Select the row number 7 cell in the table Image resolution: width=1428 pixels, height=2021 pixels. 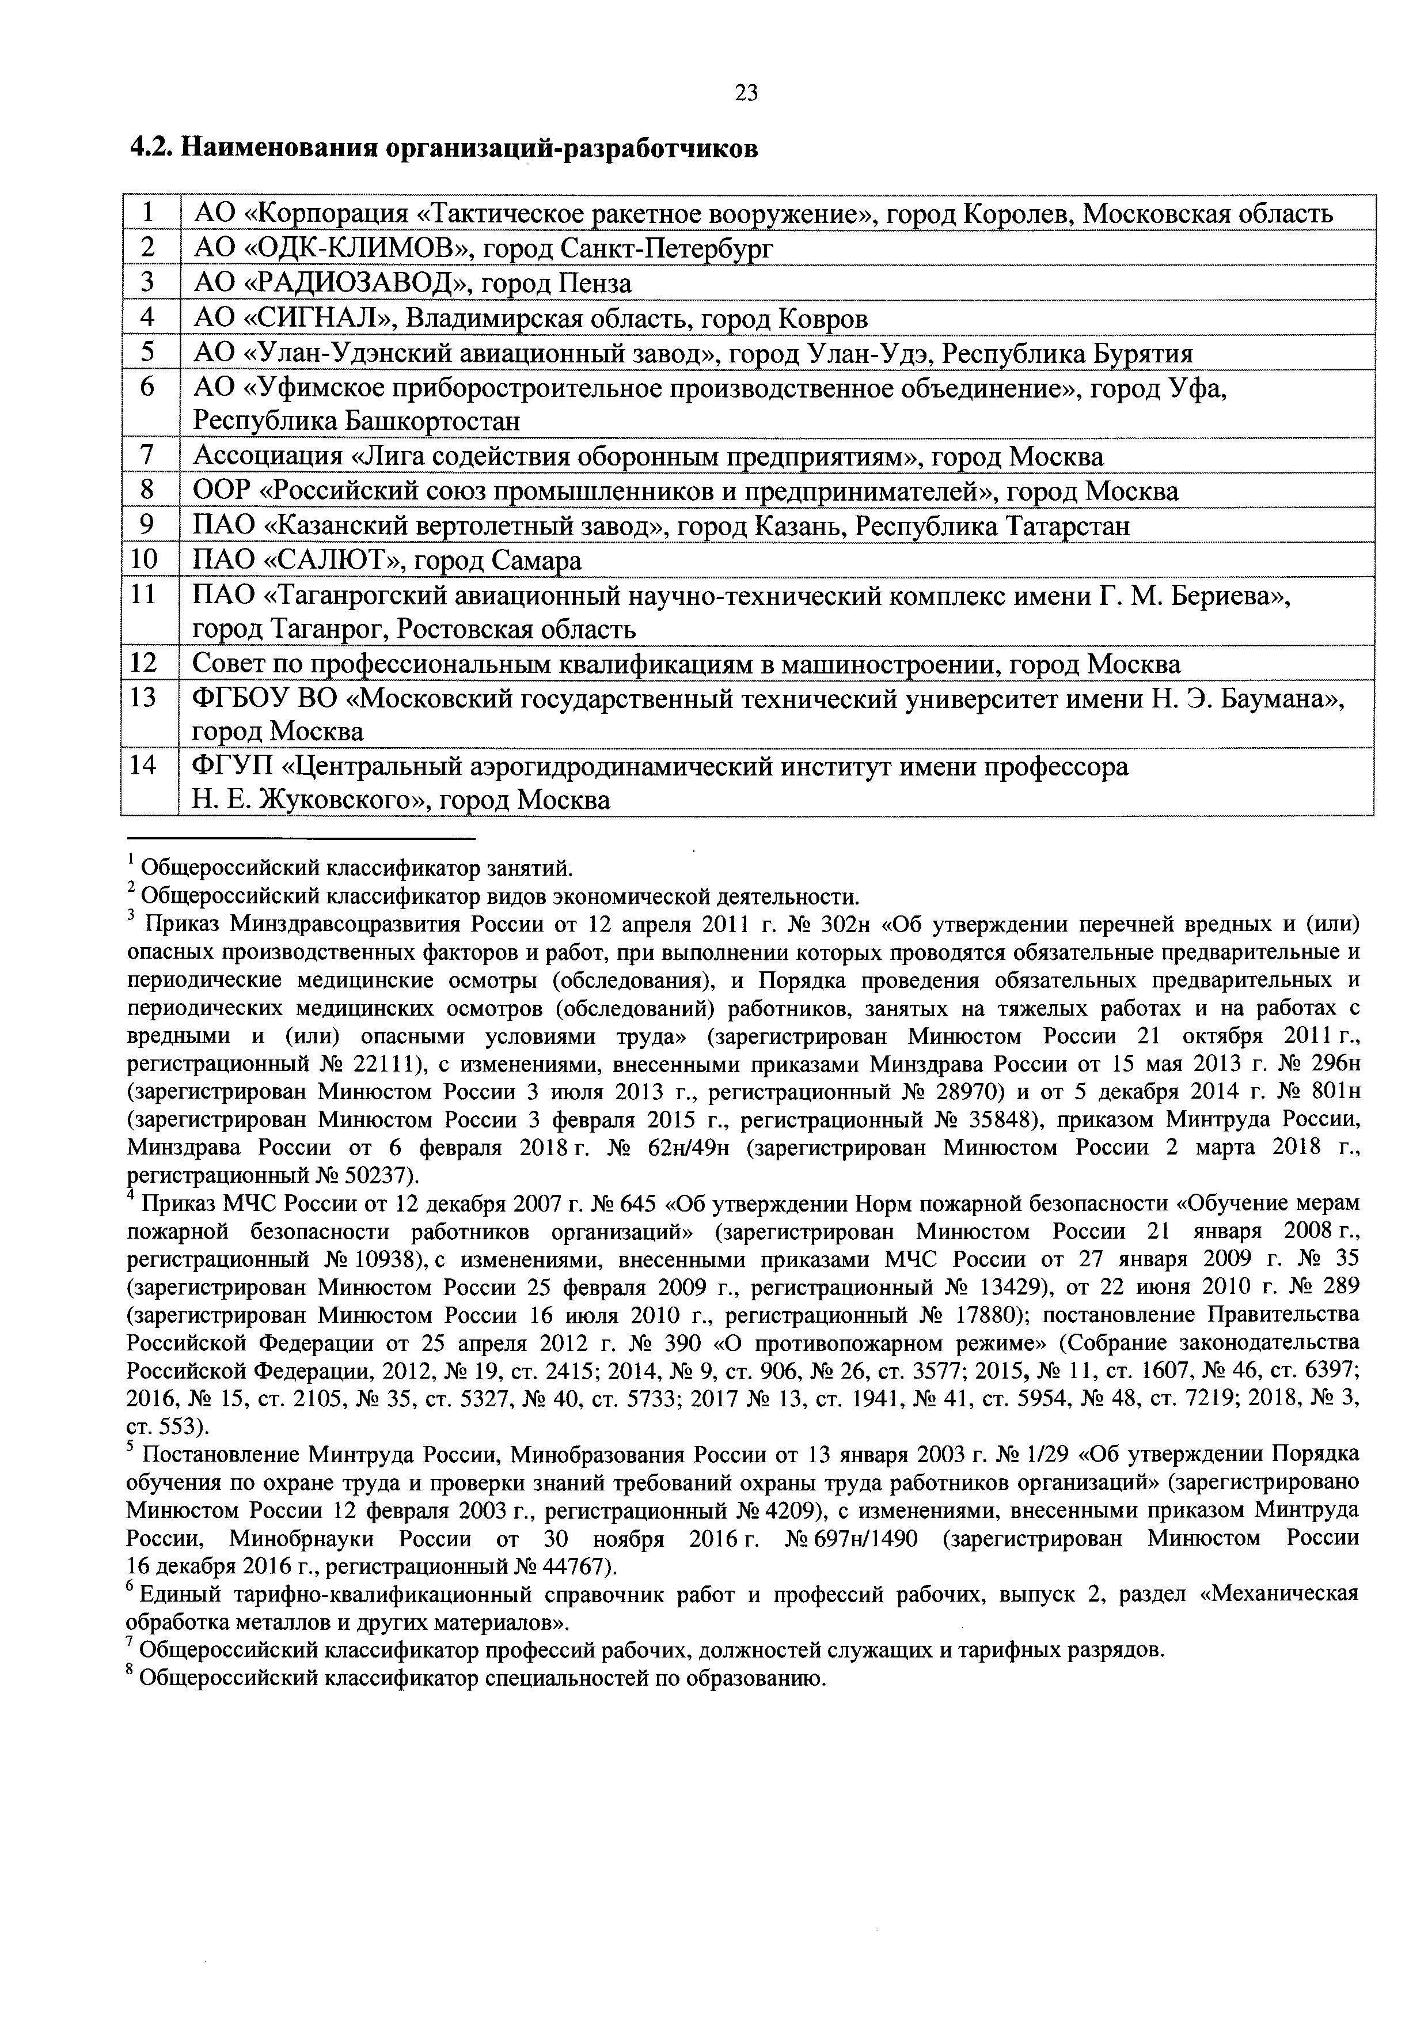(x=148, y=456)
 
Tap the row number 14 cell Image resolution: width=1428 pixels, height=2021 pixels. (x=143, y=766)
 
